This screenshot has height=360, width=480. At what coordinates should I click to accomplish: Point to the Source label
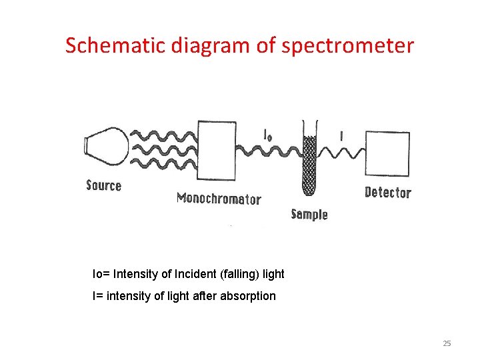pos(104,185)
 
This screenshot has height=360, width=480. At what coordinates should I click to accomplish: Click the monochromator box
pos(217,151)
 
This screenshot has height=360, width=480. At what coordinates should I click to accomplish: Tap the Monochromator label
pos(219,198)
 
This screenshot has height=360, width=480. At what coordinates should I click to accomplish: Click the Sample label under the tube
pos(309,214)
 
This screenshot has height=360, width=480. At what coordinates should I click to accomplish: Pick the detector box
pos(387,154)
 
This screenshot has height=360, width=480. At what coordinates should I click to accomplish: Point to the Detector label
pos(388,193)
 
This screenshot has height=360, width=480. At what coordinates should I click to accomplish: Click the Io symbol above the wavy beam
pos(267,135)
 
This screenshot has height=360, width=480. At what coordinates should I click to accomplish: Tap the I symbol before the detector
pos(342,136)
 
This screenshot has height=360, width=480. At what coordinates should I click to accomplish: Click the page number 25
pos(447,343)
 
